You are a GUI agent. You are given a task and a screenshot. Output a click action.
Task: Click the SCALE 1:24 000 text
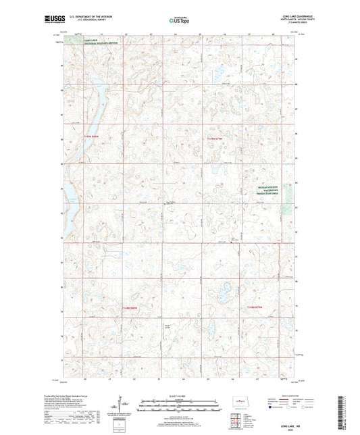(179, 395)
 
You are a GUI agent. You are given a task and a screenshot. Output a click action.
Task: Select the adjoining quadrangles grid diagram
(237, 422)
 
